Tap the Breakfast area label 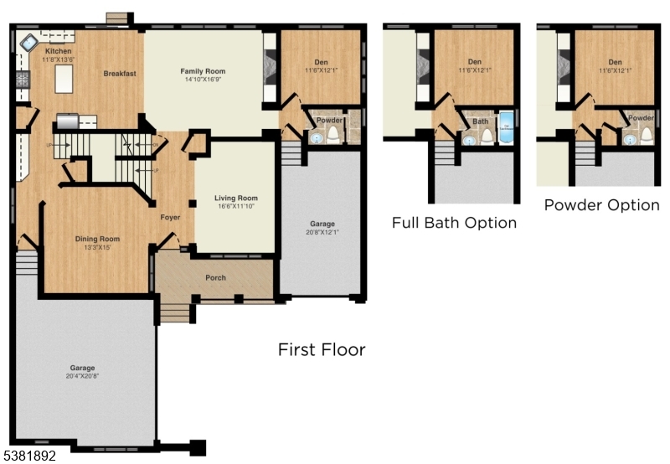[x=120, y=74]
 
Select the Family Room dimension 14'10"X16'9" [x=204, y=82]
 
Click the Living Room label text [x=235, y=198]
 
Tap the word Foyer [x=171, y=217]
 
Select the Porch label [x=216, y=278]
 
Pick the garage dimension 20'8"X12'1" [x=322, y=234]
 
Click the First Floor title [x=322, y=349]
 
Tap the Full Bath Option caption [x=454, y=223]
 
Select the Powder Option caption [x=601, y=205]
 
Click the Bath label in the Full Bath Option [x=480, y=121]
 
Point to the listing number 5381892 [x=31, y=456]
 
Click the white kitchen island [x=62, y=80]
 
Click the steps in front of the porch [x=176, y=313]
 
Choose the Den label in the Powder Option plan [x=616, y=62]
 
